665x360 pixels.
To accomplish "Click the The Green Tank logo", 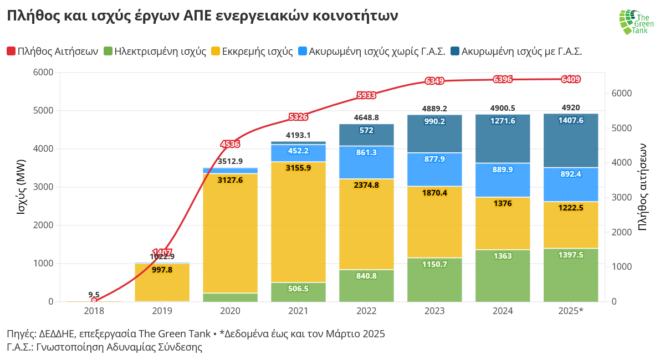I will pos(636,22).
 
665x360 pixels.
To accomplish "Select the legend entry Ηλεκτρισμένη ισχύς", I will pos(154,52).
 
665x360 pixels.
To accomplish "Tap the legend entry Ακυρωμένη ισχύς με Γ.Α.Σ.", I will pos(516,52).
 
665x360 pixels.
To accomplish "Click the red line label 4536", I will pos(230,144).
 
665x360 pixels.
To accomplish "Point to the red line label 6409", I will pos(571,79).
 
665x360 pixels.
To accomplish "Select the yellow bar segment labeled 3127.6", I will pos(230,180).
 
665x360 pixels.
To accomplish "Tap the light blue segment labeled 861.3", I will pos(366,152).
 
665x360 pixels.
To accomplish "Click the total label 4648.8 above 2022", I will pos(366,117).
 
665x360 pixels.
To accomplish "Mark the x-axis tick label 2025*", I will pos(571,311).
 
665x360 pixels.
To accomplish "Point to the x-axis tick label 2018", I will pos(94,311).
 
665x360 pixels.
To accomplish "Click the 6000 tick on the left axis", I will pos(43,73).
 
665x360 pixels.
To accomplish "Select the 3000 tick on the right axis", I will pos(621,198).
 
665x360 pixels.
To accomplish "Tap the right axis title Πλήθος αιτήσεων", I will pos(642,187).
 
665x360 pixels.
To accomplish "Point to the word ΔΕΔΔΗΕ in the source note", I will pos(57,334).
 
